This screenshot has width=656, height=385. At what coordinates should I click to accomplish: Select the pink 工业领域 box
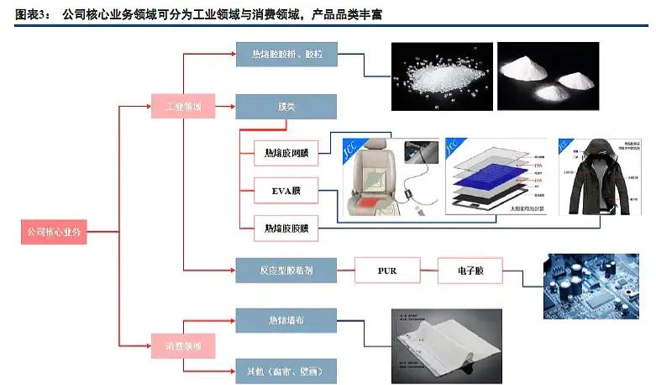click(182, 107)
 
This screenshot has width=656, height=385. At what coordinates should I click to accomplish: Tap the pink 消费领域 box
click(182, 345)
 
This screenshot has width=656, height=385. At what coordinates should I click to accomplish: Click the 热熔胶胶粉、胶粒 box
click(286, 55)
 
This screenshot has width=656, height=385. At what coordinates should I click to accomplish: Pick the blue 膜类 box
click(286, 107)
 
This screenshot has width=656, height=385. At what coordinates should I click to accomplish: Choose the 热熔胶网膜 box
click(286, 153)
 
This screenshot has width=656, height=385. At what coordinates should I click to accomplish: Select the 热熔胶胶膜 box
click(286, 228)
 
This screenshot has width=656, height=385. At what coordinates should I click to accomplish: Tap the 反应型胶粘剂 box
click(286, 271)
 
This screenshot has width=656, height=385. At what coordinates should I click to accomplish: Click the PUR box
click(386, 271)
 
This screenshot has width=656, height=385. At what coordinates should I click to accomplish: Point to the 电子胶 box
click(470, 271)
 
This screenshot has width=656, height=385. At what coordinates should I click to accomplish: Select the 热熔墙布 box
click(286, 319)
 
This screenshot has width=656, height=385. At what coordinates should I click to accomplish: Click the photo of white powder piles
click(548, 76)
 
